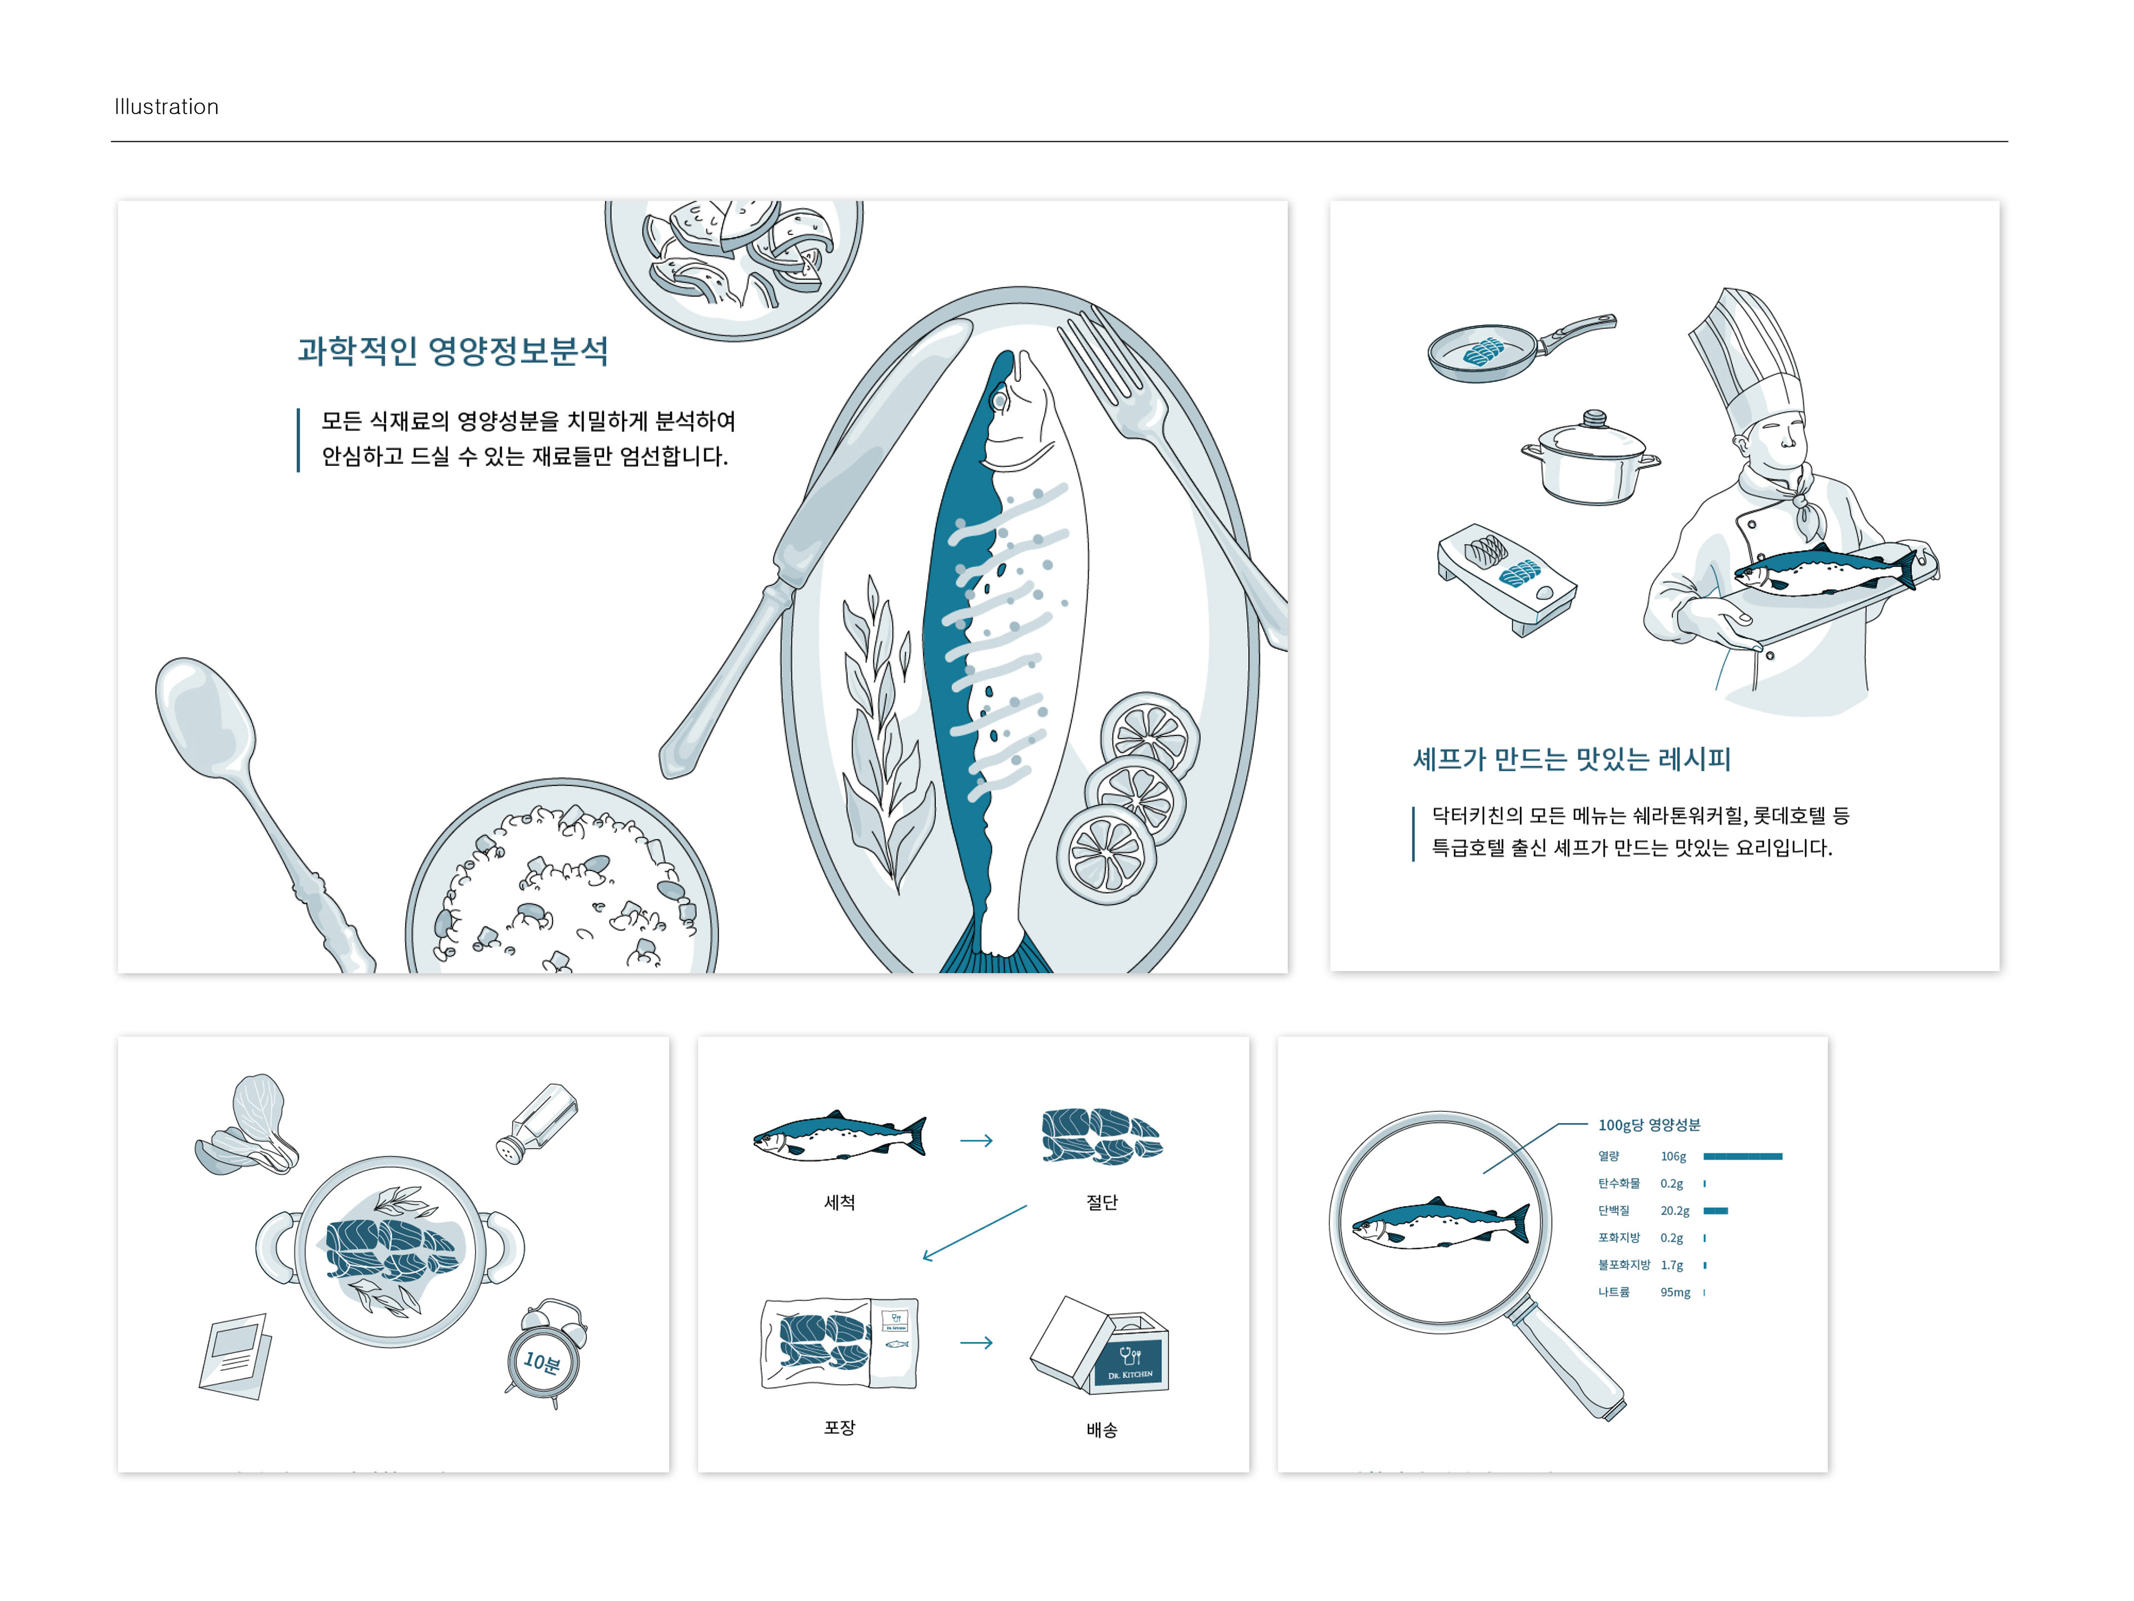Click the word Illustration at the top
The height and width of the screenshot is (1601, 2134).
166,107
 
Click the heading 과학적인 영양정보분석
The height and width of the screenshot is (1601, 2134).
452,350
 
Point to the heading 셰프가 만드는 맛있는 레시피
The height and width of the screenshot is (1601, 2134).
1570,759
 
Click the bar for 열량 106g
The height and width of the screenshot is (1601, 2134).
1742,1156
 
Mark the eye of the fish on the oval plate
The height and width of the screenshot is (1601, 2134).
1000,399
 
